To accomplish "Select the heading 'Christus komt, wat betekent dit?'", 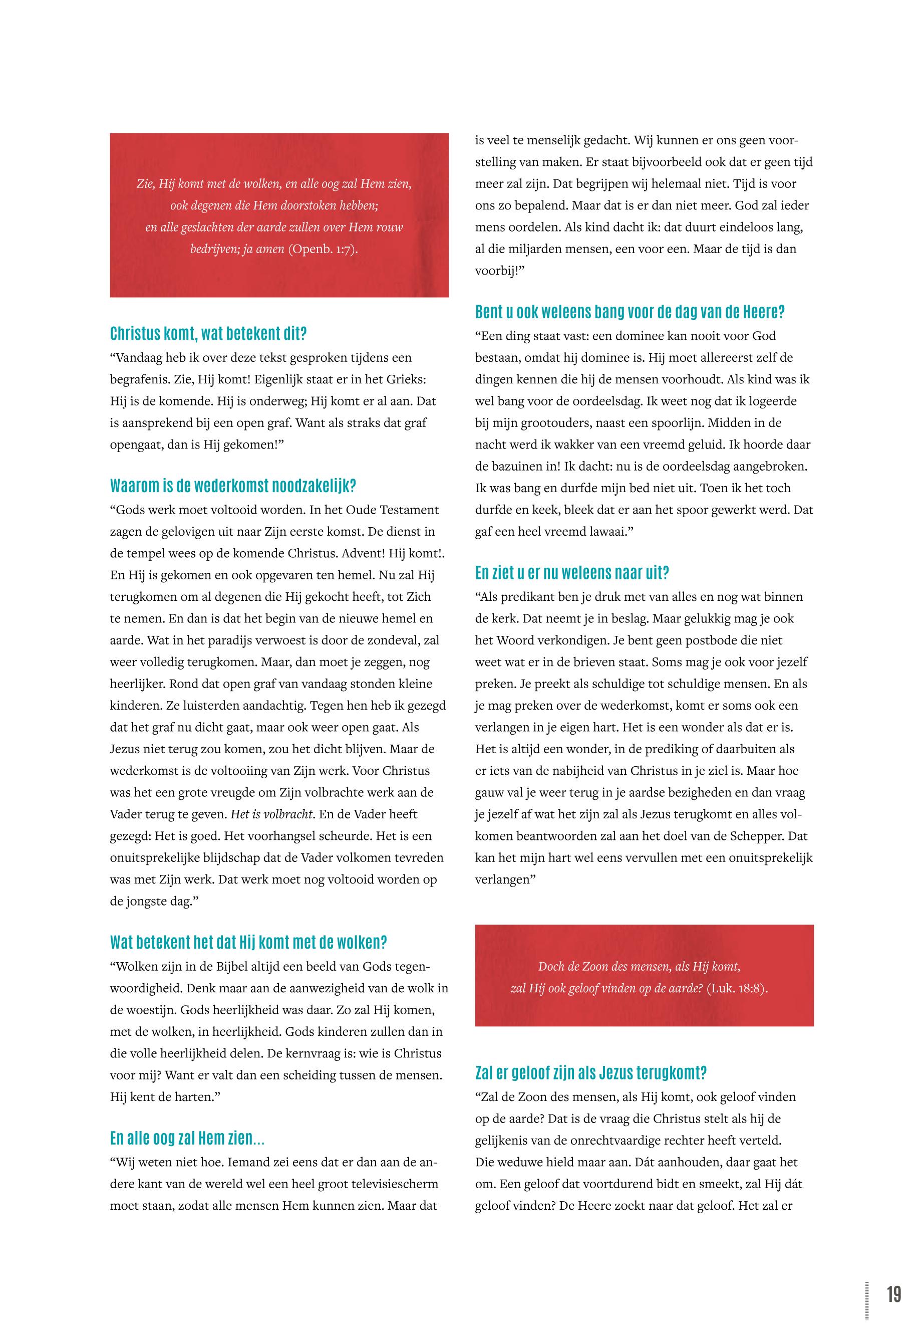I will tap(208, 334).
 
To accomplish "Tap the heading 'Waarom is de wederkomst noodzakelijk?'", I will tap(233, 486).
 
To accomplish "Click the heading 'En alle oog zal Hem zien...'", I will tap(187, 1139).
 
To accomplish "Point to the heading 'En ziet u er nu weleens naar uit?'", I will tap(572, 573).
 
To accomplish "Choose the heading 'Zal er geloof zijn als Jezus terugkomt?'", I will tap(590, 1073).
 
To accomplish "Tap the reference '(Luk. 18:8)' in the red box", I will tap(736, 988).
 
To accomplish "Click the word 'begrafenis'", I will tap(139, 379).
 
